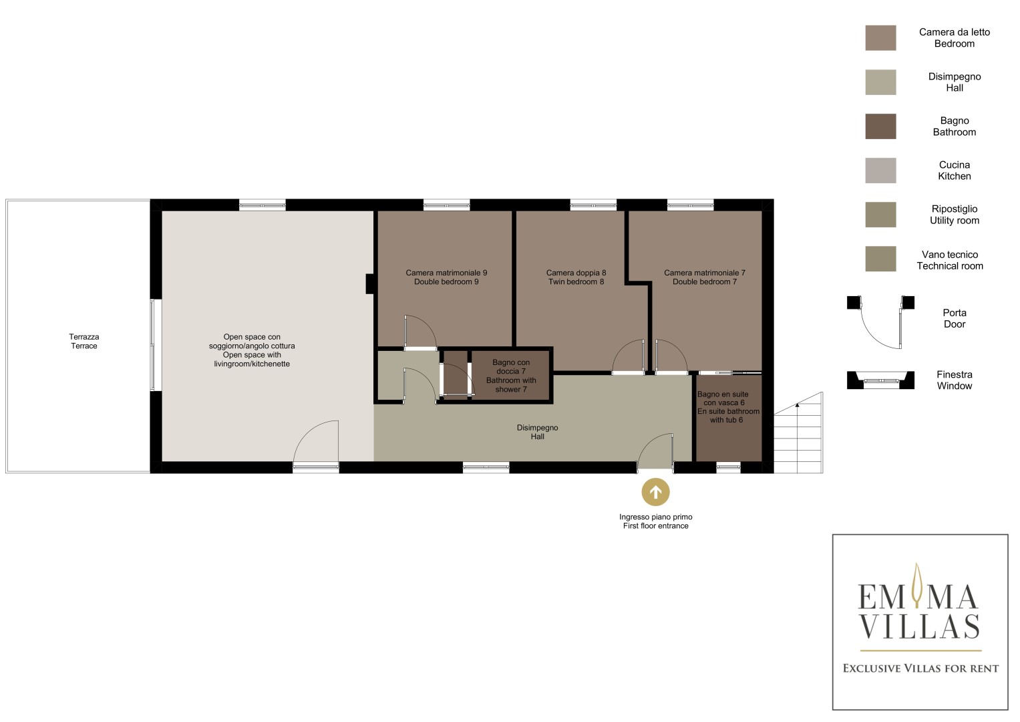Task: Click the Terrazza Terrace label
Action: [84, 342]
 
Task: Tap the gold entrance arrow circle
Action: [656, 492]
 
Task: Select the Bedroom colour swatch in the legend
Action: [880, 38]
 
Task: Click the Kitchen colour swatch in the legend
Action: [880, 170]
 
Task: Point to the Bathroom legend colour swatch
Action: [880, 126]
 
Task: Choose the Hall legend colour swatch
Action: [880, 82]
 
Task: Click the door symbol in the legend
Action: [880, 322]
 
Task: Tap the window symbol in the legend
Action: [880, 380]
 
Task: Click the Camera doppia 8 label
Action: [576, 273]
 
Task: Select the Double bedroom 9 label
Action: [446, 281]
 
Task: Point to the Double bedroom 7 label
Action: [705, 281]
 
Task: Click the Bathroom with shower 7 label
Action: [511, 384]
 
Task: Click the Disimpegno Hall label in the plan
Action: [537, 432]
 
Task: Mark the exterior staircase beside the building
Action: [798, 433]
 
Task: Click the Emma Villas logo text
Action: [919, 612]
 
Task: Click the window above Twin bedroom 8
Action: [593, 206]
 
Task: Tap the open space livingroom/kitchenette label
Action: [252, 350]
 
